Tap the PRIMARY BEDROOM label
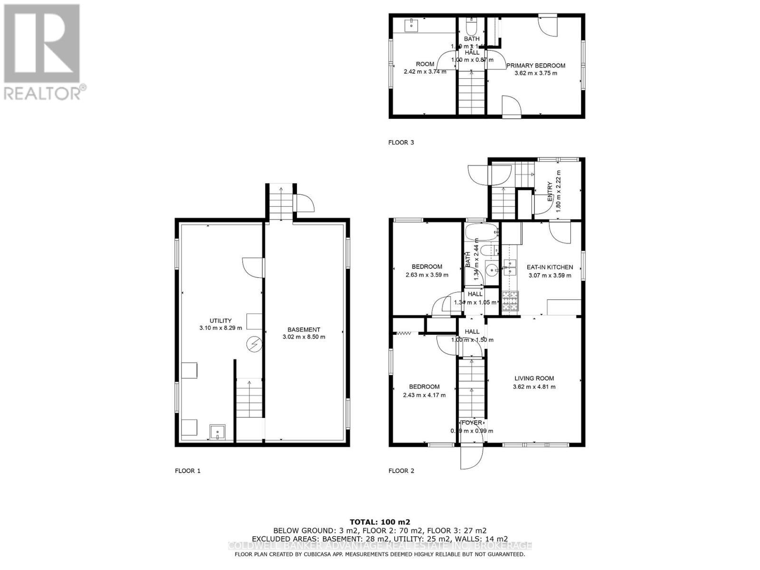click(x=536, y=66)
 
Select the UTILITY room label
click(x=221, y=321)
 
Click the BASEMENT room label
click(x=304, y=330)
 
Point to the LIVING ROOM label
click(x=534, y=379)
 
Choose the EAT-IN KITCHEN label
click(x=550, y=267)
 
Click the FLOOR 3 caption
click(x=401, y=142)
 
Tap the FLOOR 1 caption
click(x=188, y=471)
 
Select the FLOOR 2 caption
click(x=401, y=471)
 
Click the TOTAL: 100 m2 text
click(x=380, y=522)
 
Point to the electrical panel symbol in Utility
click(x=254, y=343)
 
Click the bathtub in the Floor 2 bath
click(x=481, y=233)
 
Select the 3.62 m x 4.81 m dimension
click(x=534, y=387)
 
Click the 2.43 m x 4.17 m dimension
click(x=424, y=395)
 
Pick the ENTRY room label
click(x=550, y=191)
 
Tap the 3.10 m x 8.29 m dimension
click(x=221, y=328)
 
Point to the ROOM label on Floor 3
click(x=425, y=64)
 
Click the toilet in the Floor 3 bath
click(x=472, y=21)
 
